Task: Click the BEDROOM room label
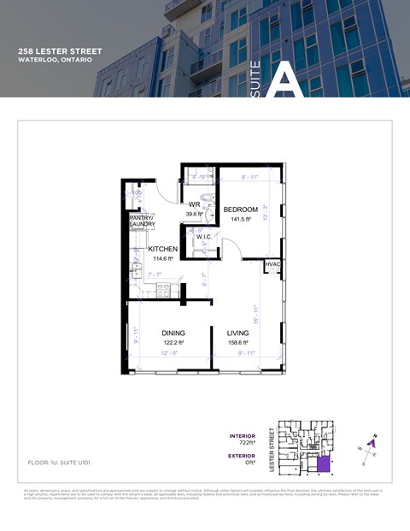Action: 240,209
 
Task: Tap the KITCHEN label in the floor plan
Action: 162,249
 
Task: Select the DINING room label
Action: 173,333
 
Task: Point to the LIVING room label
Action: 237,333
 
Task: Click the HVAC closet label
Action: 272,266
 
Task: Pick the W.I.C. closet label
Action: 203,238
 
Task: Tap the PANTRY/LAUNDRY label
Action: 142,221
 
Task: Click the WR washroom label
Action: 194,205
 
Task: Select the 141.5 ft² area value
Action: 240,220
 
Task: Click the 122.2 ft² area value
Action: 173,343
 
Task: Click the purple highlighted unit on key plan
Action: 323,464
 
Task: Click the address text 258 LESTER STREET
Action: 60,51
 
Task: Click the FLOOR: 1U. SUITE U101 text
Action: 59,462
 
